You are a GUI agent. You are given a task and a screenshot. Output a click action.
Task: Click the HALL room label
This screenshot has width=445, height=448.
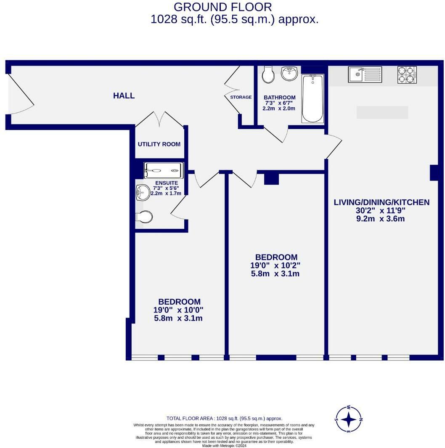point(124,96)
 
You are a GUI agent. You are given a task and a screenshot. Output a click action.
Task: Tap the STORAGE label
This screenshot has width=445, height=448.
point(241,97)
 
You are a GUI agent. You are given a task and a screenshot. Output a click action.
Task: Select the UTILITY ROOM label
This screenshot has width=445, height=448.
point(159,144)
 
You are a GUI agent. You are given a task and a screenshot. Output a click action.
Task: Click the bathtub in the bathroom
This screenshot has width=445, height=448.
point(313,99)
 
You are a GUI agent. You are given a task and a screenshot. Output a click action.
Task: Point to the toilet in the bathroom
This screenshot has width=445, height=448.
point(268,75)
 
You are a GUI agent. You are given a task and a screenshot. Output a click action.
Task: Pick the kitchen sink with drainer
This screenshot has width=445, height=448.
point(365,74)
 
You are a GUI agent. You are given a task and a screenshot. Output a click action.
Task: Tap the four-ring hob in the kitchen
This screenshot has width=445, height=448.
point(407,74)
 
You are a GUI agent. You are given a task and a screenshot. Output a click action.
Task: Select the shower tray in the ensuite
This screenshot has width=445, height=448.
point(163,170)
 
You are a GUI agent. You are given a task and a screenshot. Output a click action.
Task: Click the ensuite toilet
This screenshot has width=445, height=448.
point(143,217)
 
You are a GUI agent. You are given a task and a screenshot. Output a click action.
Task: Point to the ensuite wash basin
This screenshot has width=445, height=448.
point(141,194)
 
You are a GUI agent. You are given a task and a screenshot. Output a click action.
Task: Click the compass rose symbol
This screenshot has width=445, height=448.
point(349,419)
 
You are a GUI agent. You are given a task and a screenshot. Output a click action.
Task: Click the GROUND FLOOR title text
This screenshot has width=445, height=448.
point(222,7)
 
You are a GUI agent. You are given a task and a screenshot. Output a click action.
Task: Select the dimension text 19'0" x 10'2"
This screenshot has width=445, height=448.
point(275,265)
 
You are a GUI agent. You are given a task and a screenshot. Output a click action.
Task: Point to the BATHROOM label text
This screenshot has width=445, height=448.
point(279,98)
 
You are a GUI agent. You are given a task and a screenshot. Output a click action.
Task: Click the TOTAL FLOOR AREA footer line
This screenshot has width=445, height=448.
point(224,419)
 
